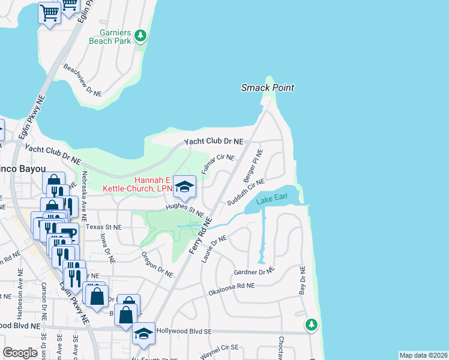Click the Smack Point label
point(268,88)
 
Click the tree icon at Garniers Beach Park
point(140,36)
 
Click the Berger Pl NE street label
point(253,167)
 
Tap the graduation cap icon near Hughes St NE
point(185,186)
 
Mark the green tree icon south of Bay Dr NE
point(311,325)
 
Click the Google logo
point(20,353)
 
